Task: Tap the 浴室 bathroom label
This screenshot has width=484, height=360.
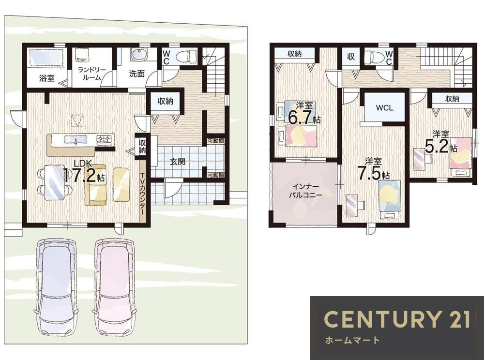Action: pyautogui.click(x=47, y=78)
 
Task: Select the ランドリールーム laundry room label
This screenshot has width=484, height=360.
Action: pyautogui.click(x=91, y=74)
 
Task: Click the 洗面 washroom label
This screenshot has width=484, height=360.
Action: pyautogui.click(x=137, y=74)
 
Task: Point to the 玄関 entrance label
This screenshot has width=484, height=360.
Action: pyautogui.click(x=178, y=161)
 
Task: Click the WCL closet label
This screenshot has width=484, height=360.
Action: pyautogui.click(x=384, y=107)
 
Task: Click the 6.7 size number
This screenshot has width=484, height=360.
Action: pyautogui.click(x=300, y=117)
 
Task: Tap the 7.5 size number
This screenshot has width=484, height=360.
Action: pyautogui.click(x=369, y=173)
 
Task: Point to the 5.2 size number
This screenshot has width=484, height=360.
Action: pyautogui.click(x=437, y=146)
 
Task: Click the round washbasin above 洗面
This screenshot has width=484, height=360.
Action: pyautogui.click(x=137, y=55)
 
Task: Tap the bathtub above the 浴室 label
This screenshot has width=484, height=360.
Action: pyautogui.click(x=46, y=57)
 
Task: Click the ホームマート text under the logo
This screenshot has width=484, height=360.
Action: pyautogui.click(x=352, y=340)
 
